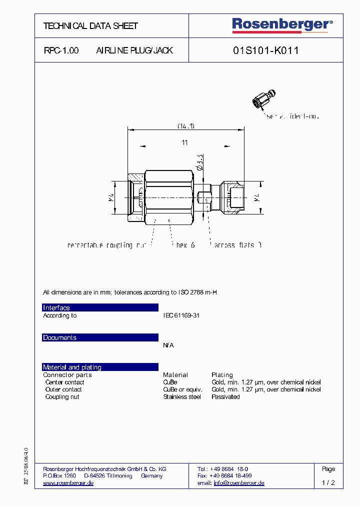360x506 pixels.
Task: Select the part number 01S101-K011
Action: pos(266,50)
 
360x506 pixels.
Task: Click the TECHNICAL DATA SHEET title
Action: pos(90,26)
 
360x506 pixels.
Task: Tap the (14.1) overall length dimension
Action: pos(186,125)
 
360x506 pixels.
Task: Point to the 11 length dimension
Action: pos(184,143)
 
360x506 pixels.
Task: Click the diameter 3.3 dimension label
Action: pos(200,163)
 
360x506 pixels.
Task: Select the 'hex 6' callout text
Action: pos(185,245)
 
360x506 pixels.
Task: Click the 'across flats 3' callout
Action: pos(237,245)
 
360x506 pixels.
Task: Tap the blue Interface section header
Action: pos(100,307)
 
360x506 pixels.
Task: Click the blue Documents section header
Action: pos(100,337)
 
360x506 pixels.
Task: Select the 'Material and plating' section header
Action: pos(100,367)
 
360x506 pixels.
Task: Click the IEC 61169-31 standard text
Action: pos(181,316)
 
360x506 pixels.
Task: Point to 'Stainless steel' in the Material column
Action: pos(182,397)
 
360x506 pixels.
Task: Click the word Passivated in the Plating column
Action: pos(225,397)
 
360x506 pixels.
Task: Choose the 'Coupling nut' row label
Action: pos(62,397)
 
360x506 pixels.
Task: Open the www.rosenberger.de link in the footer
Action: pos(68,483)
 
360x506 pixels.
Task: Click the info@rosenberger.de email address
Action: pos(239,483)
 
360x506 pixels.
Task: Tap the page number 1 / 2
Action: pos(328,483)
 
